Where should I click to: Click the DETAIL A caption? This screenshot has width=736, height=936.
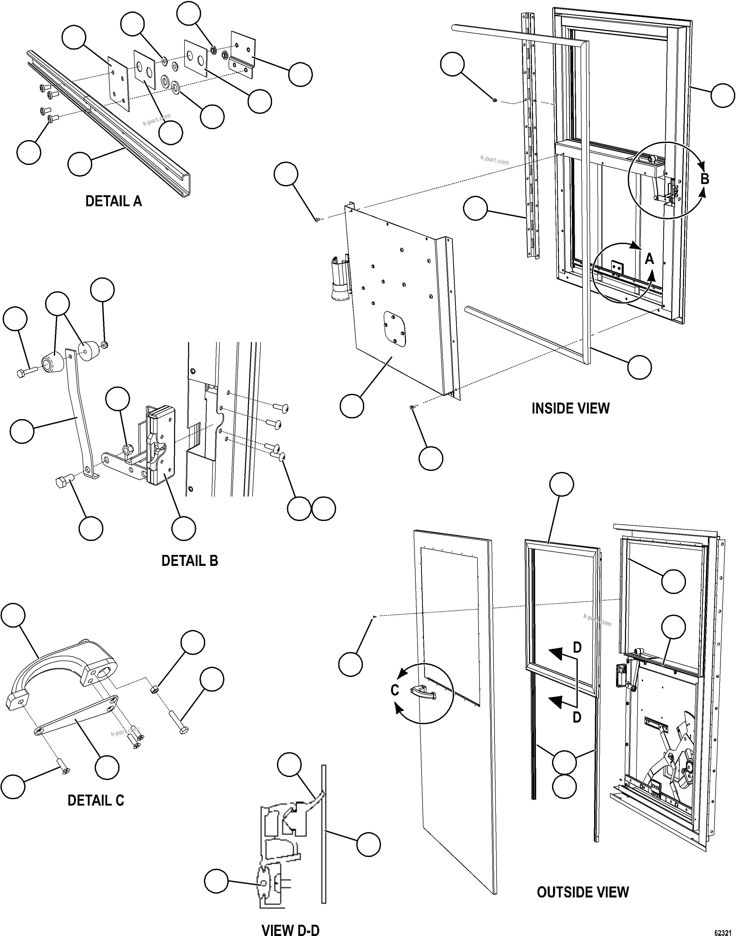[x=113, y=201]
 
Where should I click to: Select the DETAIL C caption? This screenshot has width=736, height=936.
[x=96, y=800]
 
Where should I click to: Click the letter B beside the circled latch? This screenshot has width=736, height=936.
[x=705, y=179]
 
